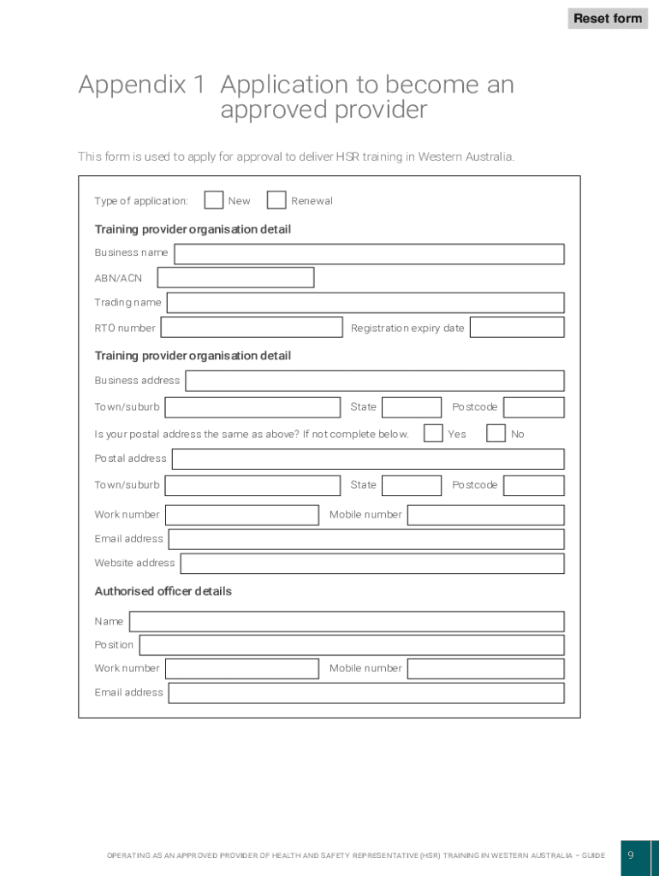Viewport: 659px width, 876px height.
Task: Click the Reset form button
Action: (x=608, y=18)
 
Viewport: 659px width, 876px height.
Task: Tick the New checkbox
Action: (x=214, y=200)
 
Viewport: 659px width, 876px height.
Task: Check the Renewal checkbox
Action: (x=276, y=200)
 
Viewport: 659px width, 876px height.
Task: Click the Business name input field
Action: (x=369, y=254)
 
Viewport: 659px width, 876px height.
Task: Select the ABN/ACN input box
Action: (x=235, y=278)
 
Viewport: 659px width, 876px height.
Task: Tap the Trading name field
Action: (x=365, y=303)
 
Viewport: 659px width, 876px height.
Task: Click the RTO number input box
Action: (x=252, y=328)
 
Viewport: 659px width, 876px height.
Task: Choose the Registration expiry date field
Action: (x=517, y=328)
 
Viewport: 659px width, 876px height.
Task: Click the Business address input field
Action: (x=375, y=381)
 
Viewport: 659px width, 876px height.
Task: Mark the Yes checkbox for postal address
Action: (x=433, y=434)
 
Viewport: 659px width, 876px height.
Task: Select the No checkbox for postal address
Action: (x=496, y=434)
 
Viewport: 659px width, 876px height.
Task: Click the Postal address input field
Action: (x=368, y=459)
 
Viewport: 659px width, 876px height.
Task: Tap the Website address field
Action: (x=372, y=564)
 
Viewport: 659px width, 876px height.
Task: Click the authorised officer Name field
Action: (x=347, y=622)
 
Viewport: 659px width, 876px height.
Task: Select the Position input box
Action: (x=352, y=645)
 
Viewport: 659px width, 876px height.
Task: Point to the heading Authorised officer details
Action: (x=163, y=591)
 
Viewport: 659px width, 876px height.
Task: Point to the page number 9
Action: (x=631, y=856)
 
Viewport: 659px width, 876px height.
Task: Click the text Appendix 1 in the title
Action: (x=142, y=85)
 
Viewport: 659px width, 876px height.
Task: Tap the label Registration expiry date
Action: (x=407, y=328)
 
